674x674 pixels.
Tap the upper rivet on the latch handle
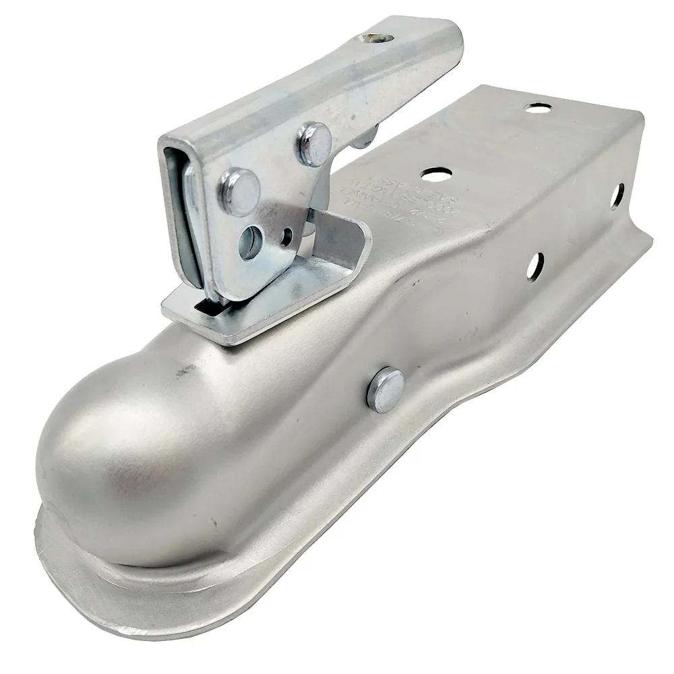[315, 144]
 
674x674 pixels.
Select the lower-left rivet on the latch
[240, 191]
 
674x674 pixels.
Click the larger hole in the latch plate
[250, 241]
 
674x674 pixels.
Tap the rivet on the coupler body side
[386, 390]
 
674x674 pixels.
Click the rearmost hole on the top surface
[538, 107]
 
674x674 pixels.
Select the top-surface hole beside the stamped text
[436, 173]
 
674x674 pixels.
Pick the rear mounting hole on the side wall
[617, 195]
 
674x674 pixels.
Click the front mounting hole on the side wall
[535, 266]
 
